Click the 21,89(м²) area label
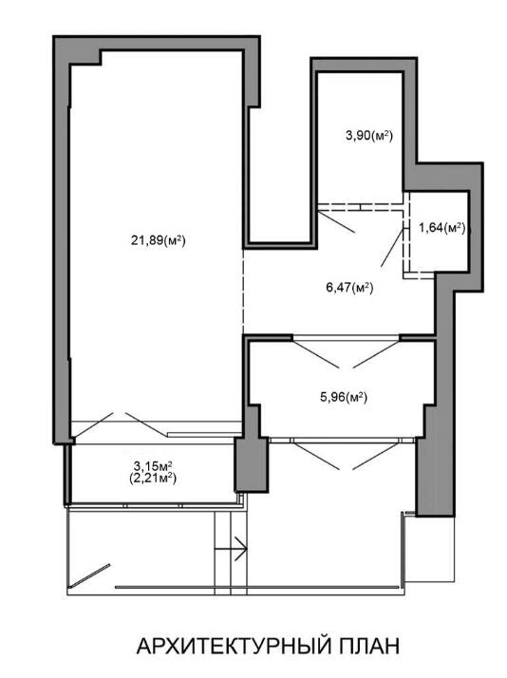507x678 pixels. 159,240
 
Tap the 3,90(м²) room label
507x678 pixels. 368,136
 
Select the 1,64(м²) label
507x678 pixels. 441,228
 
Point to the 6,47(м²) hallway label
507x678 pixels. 349,287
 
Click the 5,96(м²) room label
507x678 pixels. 344,397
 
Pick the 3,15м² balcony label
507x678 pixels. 153,466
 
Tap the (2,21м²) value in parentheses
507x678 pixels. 153,479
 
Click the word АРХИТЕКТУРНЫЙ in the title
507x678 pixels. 232,647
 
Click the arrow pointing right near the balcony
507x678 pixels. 231,549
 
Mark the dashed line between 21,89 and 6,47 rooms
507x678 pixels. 243,292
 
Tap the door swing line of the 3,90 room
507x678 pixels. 337,221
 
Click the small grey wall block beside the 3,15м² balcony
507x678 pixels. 252,465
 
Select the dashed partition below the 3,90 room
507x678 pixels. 362,207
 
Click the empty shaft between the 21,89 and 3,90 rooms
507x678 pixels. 280,173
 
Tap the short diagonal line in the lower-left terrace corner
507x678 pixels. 90,575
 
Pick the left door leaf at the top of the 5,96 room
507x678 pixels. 319,354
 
